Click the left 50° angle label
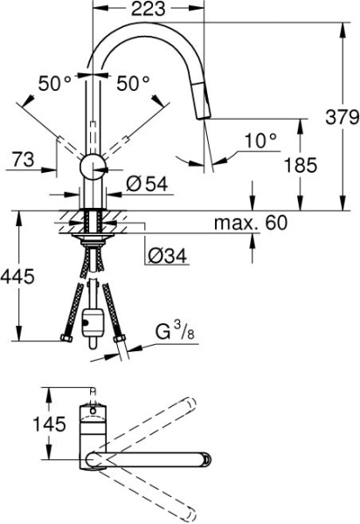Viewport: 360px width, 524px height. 53,84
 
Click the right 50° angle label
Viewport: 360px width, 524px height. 134,84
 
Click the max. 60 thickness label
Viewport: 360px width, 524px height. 251,224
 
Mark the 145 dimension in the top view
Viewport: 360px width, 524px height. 23,424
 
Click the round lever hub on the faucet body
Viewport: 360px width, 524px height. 93,168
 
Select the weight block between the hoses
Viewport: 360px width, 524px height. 91,327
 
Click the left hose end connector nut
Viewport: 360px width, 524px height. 63,336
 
